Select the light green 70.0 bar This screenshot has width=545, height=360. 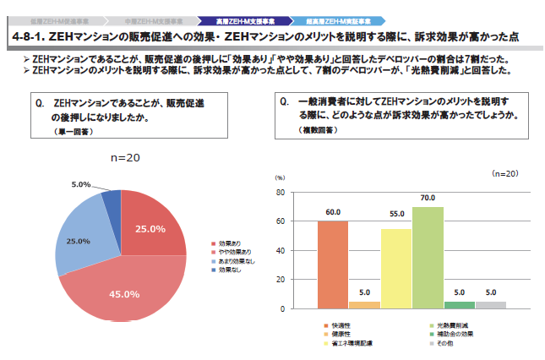click(x=428, y=257)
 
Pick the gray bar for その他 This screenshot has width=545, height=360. click(x=490, y=304)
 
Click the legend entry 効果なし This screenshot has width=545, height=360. click(x=228, y=270)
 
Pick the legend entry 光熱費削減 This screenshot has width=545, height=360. click(x=454, y=325)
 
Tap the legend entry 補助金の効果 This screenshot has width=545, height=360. click(x=454, y=335)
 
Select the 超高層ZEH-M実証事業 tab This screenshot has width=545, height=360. click(x=335, y=18)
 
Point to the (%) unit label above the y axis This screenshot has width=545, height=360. click(x=281, y=177)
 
